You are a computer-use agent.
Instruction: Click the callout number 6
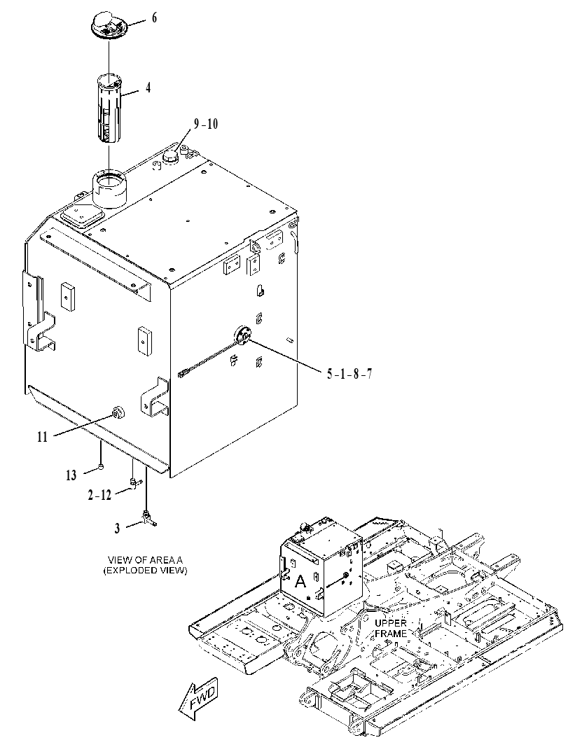click(x=154, y=18)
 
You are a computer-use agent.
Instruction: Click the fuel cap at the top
click(x=109, y=25)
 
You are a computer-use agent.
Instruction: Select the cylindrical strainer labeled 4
click(x=109, y=108)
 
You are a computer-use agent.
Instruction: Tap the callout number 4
click(x=148, y=88)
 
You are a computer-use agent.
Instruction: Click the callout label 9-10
click(x=205, y=124)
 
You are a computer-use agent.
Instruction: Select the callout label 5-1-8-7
click(x=349, y=375)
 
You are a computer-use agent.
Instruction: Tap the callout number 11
click(x=43, y=437)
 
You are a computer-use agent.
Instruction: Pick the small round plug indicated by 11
click(x=117, y=412)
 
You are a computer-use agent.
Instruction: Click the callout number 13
click(x=71, y=475)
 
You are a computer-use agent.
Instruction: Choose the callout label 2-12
click(x=99, y=495)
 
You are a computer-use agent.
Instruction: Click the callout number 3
click(x=117, y=529)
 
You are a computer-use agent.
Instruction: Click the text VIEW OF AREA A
click(x=145, y=560)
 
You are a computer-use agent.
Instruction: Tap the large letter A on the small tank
click(x=300, y=581)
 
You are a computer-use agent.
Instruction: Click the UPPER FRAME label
click(x=391, y=628)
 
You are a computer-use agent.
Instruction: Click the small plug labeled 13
click(x=101, y=467)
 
